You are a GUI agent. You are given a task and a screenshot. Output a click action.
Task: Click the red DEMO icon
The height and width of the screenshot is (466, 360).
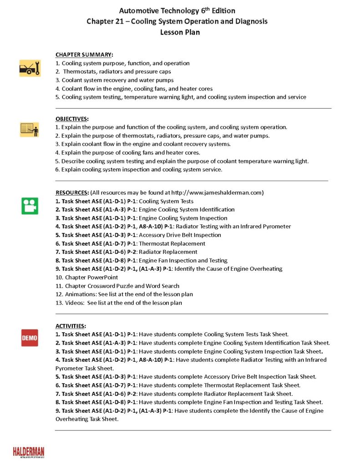(30, 338)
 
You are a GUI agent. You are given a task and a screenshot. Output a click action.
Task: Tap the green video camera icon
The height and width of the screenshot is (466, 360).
(30, 206)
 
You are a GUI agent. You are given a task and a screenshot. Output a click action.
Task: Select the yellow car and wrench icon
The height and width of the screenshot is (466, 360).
(30, 68)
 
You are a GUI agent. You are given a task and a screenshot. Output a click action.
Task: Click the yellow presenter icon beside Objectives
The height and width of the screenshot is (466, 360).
(30, 129)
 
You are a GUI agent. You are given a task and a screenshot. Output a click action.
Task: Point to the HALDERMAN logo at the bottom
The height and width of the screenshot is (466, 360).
(29, 452)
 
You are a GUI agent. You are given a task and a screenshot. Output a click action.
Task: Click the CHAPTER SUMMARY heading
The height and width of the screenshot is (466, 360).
(84, 55)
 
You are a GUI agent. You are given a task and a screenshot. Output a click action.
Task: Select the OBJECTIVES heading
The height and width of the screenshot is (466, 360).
(72, 119)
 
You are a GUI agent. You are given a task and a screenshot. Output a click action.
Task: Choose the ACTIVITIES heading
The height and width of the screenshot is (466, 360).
(71, 326)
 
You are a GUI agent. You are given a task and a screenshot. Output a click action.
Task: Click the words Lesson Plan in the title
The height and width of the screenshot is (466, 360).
(180, 32)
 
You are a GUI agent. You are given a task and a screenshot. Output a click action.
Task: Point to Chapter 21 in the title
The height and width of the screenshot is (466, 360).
(108, 21)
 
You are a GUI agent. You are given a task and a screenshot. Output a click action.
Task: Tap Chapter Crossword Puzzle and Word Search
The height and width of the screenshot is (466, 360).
(122, 286)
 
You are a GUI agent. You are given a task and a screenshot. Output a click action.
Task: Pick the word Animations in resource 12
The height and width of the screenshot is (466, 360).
(81, 294)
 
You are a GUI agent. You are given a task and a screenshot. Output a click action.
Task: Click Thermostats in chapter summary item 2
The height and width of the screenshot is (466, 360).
(79, 71)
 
